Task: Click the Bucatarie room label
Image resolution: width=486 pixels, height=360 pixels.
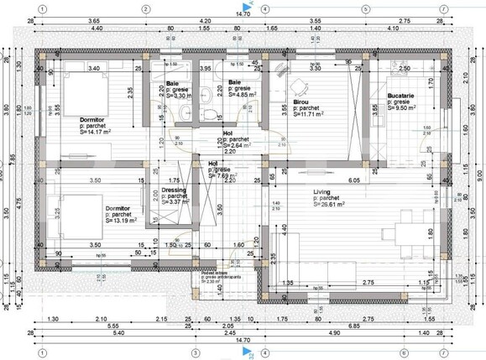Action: click(x=402, y=97)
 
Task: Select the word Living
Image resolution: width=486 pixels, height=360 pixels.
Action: click(x=323, y=191)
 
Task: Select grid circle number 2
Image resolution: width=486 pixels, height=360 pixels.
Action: click(x=145, y=9)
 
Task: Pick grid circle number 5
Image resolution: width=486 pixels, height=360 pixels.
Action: click(x=366, y=9)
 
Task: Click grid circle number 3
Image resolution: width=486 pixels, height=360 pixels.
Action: click(x=196, y=352)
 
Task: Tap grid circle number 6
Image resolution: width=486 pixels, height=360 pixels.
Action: click(x=403, y=352)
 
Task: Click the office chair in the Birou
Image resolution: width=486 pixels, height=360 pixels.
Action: click(x=296, y=85)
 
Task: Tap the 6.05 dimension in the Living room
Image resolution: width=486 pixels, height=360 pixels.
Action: click(x=354, y=180)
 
